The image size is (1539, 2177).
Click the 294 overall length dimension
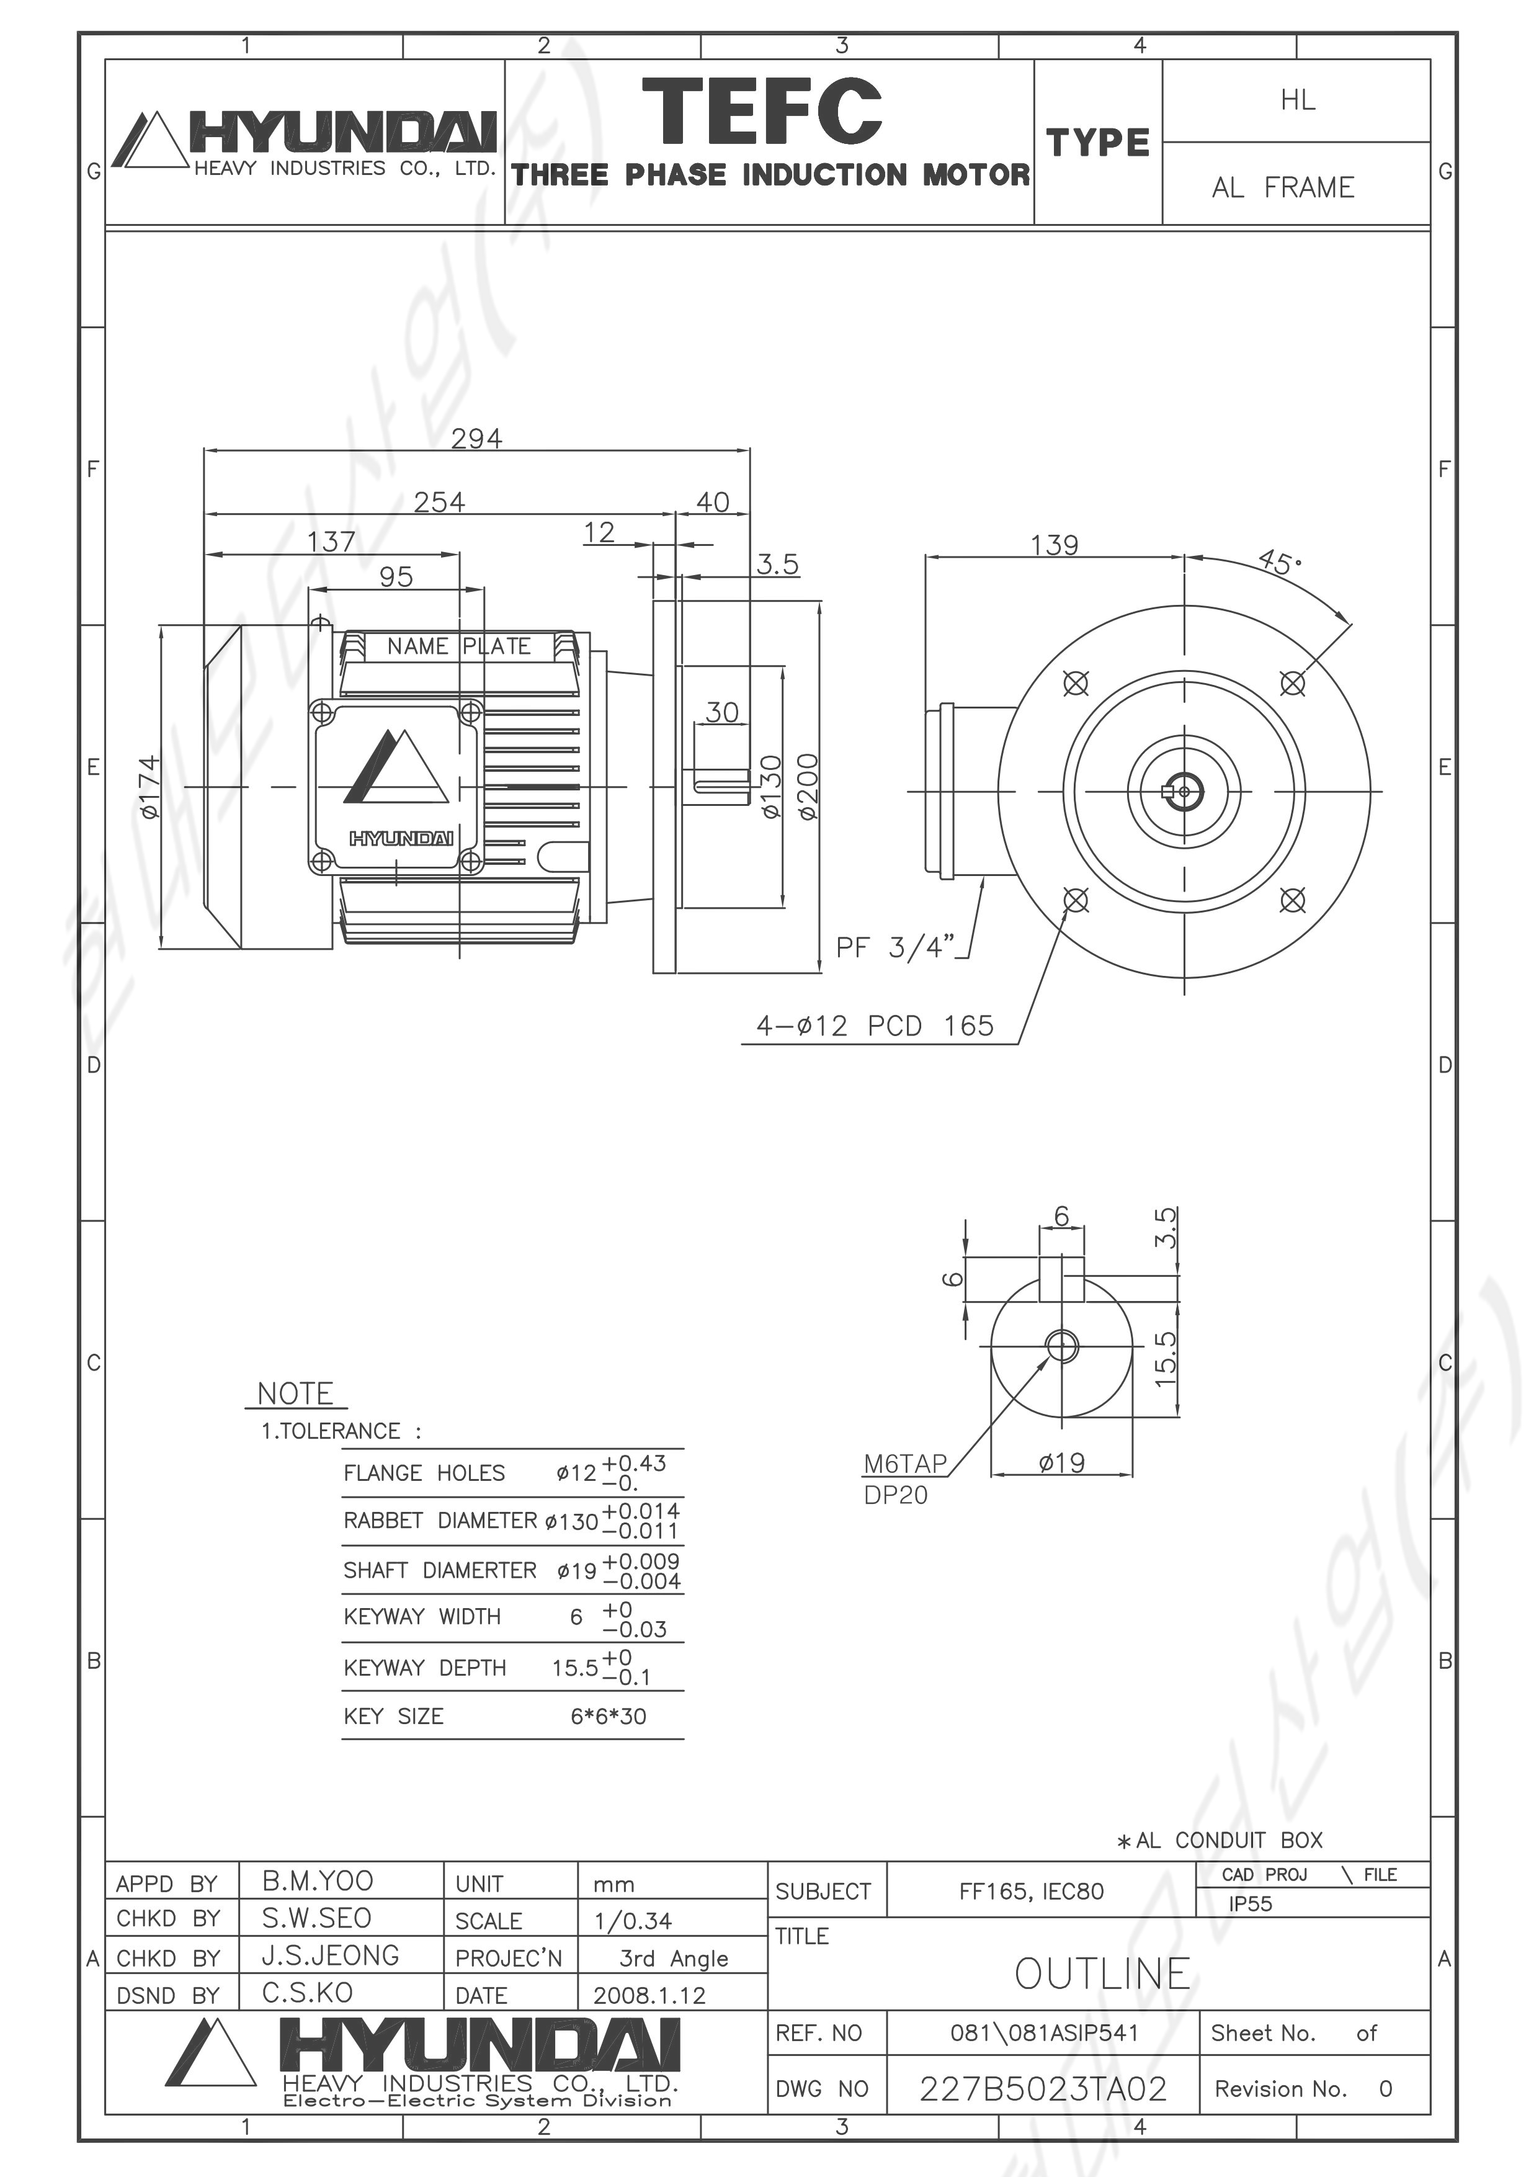[x=477, y=438]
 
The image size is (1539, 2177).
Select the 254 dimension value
[x=439, y=501]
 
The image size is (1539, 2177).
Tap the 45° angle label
[x=1280, y=561]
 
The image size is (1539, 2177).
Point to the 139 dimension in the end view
[x=1055, y=545]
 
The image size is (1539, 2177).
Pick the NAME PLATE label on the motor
[x=459, y=646]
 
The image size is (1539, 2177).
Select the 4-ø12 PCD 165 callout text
[x=874, y=1026]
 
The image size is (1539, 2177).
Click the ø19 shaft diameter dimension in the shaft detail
[x=1061, y=1463]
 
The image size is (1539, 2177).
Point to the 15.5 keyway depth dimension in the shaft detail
[x=1166, y=1358]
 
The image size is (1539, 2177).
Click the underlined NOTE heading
[x=296, y=1394]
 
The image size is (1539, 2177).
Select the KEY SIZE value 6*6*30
[x=608, y=1716]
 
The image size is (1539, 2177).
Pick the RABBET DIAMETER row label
[x=440, y=1521]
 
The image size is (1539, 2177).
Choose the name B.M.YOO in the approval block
[x=318, y=1880]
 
